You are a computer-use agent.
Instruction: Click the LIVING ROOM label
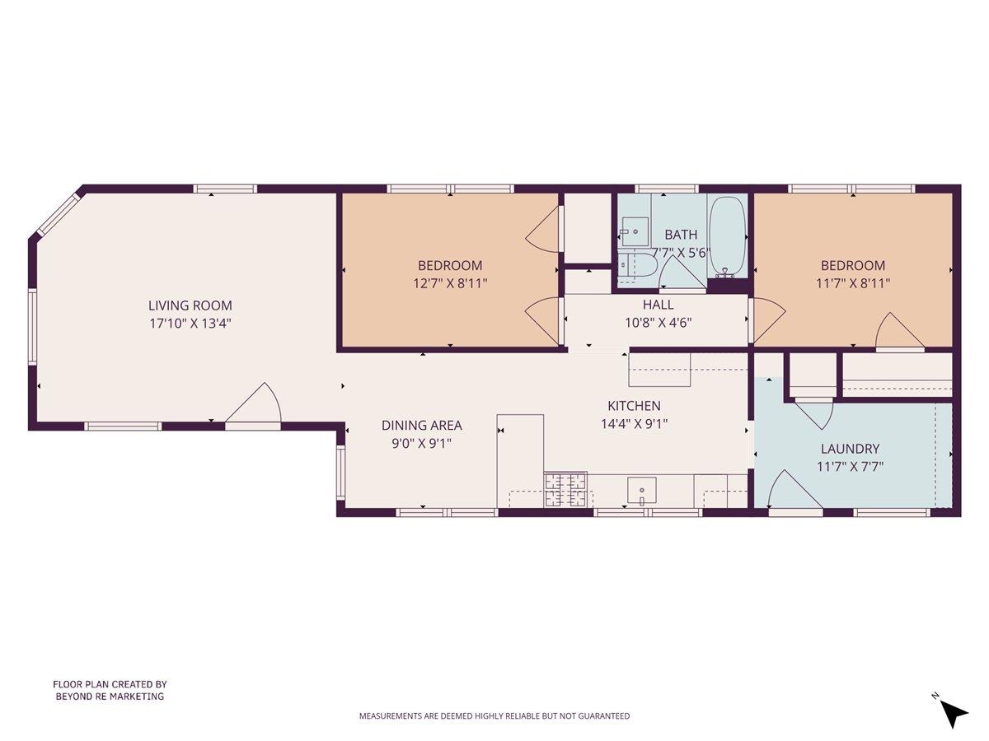click(190, 305)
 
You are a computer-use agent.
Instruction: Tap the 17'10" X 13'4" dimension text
click(190, 324)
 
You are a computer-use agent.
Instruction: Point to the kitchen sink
click(641, 490)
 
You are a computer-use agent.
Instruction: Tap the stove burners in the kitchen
click(566, 489)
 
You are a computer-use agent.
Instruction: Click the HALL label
click(658, 305)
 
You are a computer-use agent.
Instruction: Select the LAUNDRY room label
click(850, 449)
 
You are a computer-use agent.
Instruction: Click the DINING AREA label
click(421, 426)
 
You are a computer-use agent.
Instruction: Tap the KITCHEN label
click(634, 406)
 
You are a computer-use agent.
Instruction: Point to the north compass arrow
click(954, 711)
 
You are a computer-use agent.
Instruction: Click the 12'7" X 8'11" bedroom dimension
click(450, 282)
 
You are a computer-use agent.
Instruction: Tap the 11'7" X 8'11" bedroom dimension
click(853, 282)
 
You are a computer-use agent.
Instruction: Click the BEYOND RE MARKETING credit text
click(110, 697)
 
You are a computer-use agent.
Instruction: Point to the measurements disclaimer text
click(494, 716)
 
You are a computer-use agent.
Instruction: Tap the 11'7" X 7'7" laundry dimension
click(850, 467)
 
